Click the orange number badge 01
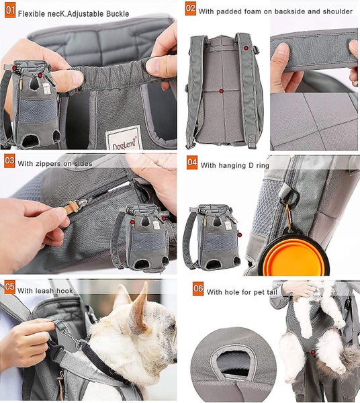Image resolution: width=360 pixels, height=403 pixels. click(x=9, y=11)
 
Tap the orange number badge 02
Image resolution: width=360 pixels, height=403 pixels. click(x=191, y=9)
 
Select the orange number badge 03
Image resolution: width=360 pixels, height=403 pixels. click(x=9, y=161)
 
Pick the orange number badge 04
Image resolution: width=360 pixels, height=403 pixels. click(x=191, y=162)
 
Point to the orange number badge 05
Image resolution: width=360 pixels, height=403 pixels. click(x=9, y=288)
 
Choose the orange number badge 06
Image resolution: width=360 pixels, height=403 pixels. click(x=197, y=289)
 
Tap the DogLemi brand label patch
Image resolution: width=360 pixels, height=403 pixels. click(x=123, y=138)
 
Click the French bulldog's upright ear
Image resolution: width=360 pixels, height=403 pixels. click(x=139, y=303)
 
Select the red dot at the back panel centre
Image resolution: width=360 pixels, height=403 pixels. click(x=221, y=91)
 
